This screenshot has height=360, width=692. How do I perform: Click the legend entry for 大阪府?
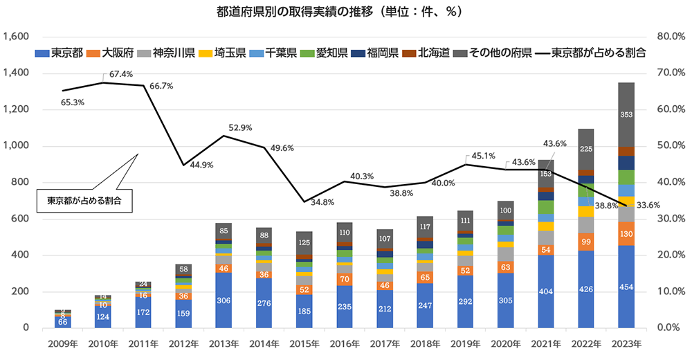pyautogui.click(x=118, y=53)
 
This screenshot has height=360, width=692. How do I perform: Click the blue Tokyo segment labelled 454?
pyautogui.click(x=626, y=287)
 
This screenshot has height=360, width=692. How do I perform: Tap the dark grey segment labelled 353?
pyautogui.click(x=626, y=114)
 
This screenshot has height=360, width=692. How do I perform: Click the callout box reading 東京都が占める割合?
pyautogui.click(x=84, y=201)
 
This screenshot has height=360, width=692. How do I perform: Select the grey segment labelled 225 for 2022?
pyautogui.click(x=585, y=149)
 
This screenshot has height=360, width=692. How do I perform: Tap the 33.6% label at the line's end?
pyautogui.click(x=648, y=204)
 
